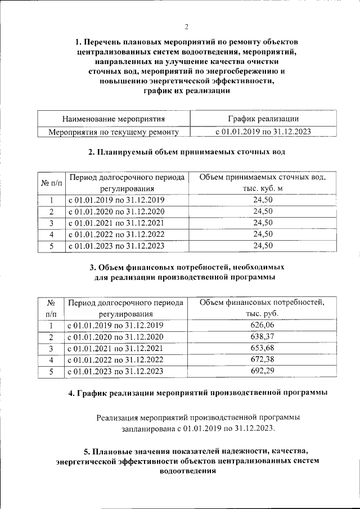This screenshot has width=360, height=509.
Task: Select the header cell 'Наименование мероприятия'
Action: [x=114, y=119]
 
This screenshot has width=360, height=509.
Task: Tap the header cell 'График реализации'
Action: [x=263, y=119]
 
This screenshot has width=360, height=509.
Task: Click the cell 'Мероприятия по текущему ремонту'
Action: [x=114, y=132]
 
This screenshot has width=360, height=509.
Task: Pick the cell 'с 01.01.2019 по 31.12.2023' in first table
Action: [x=263, y=132]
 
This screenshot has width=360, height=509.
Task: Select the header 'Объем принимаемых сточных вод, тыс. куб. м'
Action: [x=263, y=183]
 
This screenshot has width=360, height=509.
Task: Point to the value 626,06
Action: [x=263, y=326]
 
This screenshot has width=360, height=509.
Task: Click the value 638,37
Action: [x=263, y=337]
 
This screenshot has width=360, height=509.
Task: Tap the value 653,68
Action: [x=263, y=348]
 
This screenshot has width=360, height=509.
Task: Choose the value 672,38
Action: [x=263, y=359]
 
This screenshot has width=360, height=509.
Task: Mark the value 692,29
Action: [x=263, y=371]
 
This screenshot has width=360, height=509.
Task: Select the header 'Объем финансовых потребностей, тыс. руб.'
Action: [x=263, y=308]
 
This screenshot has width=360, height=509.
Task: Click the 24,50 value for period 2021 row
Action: [x=263, y=223]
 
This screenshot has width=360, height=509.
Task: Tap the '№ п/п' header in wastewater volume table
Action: [x=51, y=183]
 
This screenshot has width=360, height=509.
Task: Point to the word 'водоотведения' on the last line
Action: [x=186, y=472]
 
